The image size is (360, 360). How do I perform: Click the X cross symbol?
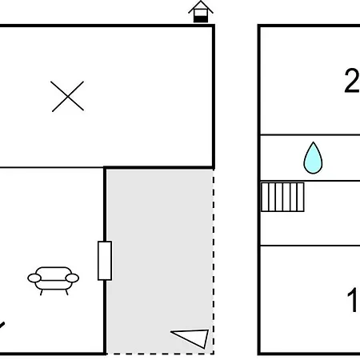point(67,96)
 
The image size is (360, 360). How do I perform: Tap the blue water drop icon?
point(313,158)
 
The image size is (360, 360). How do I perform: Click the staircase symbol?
point(282,197)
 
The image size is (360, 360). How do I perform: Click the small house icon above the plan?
point(201,12)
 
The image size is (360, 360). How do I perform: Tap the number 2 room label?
point(352,81)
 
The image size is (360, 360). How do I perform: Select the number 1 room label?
point(352,300)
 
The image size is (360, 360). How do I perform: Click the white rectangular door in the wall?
point(105,261)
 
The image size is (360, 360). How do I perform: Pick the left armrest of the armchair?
point(34,278)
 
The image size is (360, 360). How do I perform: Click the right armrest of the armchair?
point(72,278)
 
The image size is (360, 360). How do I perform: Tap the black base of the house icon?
point(201,19)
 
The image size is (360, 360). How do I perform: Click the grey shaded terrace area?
point(159,262)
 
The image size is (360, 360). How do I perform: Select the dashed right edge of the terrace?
point(214,262)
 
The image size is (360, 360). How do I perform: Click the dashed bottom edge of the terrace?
point(160,354)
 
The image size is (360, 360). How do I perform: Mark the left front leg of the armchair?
point(41,292)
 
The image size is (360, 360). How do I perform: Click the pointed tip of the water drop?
point(313,142)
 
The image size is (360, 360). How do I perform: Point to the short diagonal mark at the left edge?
point(2,326)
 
